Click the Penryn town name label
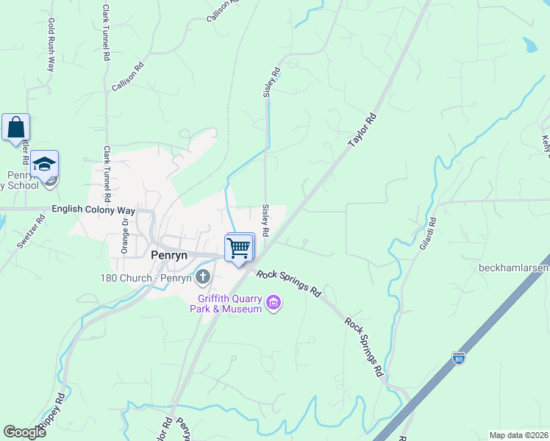click(169, 255)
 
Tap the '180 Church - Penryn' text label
click(147, 278)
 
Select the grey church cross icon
click(203, 278)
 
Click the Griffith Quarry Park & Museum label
click(230, 304)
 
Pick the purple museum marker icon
click(274, 303)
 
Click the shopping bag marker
click(15, 128)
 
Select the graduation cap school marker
click(44, 165)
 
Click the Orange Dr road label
click(125, 233)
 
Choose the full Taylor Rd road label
click(362, 129)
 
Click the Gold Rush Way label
click(51, 45)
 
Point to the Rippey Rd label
click(53, 415)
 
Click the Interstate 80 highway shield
click(459, 358)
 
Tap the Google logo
click(25, 432)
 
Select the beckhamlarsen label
click(514, 267)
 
